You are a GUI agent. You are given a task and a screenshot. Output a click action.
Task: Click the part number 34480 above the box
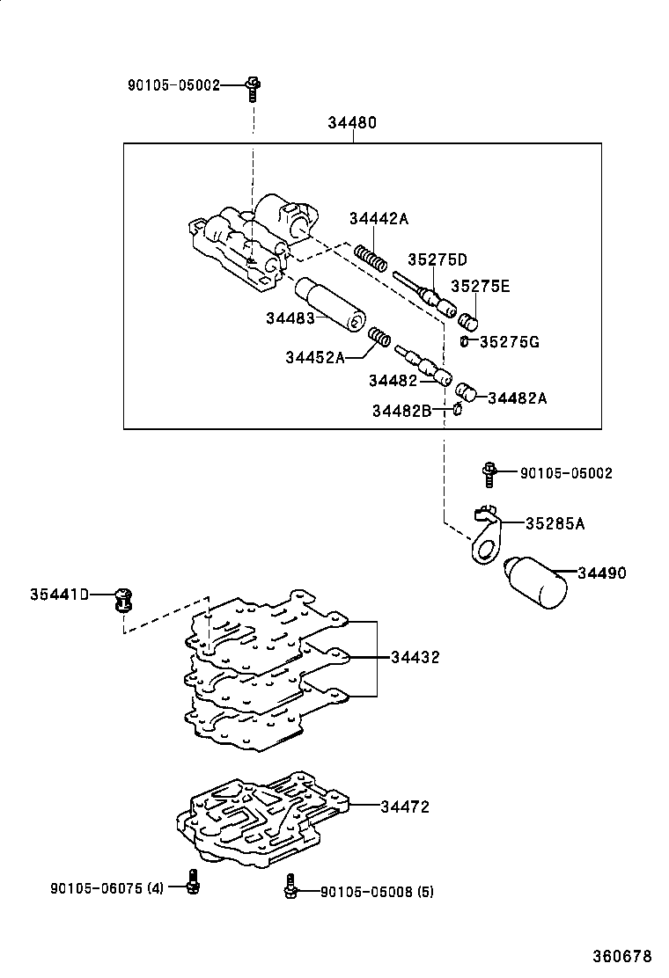click(352, 123)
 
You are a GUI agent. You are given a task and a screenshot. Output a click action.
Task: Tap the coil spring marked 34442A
click(371, 258)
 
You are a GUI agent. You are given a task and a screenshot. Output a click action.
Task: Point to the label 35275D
click(437, 259)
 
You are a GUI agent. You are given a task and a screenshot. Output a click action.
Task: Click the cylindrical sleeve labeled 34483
click(330, 304)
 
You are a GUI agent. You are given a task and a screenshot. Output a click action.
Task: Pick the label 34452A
click(314, 357)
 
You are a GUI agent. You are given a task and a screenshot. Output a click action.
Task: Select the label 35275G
click(509, 341)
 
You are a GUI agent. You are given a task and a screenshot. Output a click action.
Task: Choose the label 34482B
click(401, 410)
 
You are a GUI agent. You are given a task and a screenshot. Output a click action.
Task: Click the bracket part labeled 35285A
click(484, 536)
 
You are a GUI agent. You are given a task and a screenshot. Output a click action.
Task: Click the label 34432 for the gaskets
click(415, 657)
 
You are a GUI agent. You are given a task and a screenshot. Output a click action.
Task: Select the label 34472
click(405, 806)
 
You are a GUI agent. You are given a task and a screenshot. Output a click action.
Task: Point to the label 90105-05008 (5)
click(377, 892)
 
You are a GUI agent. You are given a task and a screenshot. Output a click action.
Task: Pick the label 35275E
click(481, 286)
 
